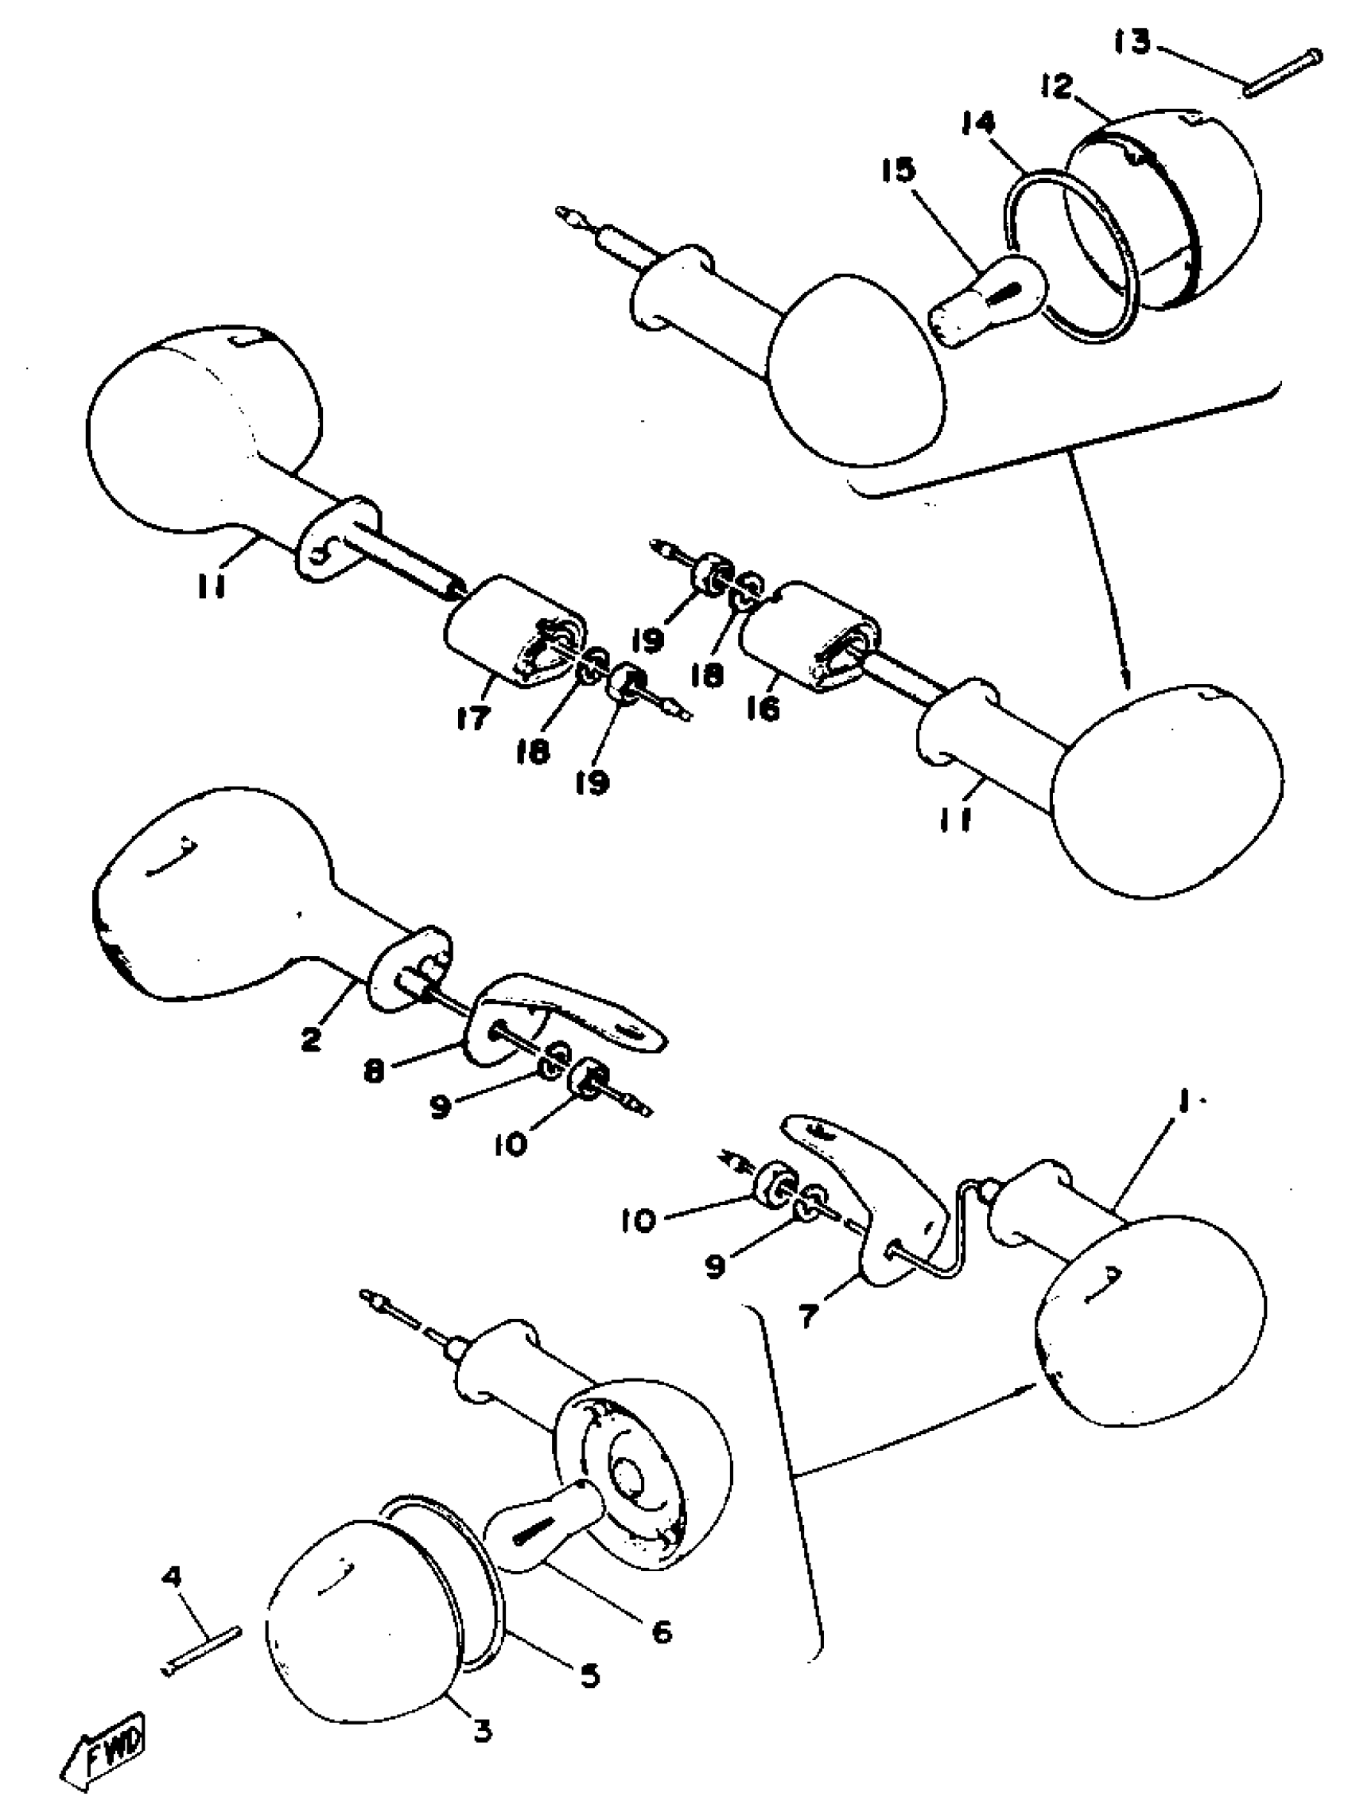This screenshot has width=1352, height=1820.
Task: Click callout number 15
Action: click(899, 169)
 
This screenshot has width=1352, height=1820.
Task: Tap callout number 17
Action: click(473, 717)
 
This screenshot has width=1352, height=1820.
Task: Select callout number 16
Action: click(763, 709)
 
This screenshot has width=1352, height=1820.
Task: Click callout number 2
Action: click(311, 1040)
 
